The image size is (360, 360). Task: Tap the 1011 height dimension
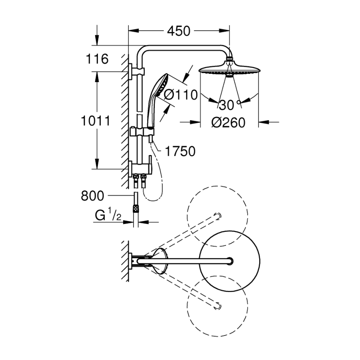pyautogui.click(x=95, y=121)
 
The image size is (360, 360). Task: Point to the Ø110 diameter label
pyautogui.click(x=180, y=95)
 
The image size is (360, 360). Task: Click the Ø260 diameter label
pyautogui.click(x=228, y=123)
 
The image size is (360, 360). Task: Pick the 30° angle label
pyautogui.click(x=229, y=105)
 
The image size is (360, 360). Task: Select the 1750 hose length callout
pyautogui.click(x=180, y=151)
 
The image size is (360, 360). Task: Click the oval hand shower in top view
pyautogui.click(x=160, y=261)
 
